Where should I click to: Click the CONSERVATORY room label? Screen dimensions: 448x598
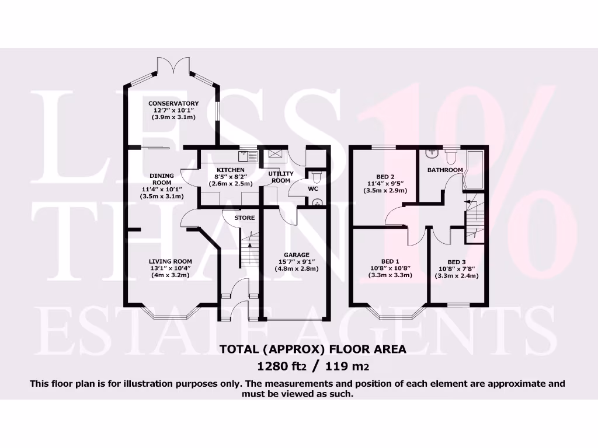point(173,103)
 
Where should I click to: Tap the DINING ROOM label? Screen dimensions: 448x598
point(161,178)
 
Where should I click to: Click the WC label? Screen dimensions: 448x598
point(312,188)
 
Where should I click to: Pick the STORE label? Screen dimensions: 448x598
point(244,218)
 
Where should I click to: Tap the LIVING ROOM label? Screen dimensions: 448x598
point(170,261)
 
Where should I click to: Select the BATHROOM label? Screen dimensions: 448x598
point(445,170)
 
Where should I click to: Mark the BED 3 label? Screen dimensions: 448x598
point(457,262)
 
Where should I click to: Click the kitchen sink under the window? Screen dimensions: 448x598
point(244,156)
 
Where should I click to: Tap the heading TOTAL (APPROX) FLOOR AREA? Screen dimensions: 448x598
point(312,349)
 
